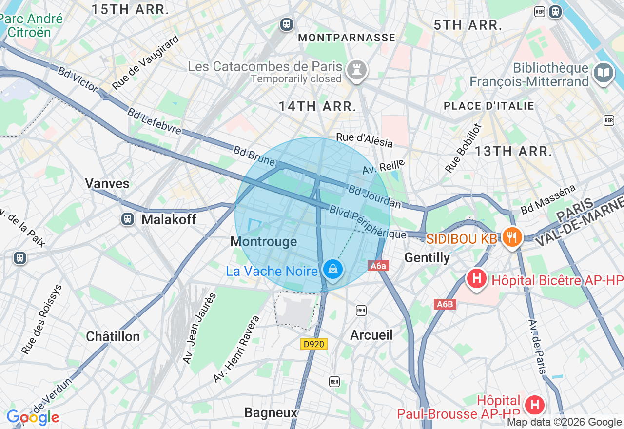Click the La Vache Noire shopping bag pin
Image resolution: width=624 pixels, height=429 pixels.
point(333,269)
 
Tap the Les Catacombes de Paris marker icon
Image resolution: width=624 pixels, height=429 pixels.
point(357,70)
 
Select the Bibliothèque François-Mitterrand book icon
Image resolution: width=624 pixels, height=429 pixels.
point(603,73)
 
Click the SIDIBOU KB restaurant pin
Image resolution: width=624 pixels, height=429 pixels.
point(511,238)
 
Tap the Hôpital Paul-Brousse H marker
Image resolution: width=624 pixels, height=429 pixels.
point(534,404)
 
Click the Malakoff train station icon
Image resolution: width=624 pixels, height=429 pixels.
point(128,219)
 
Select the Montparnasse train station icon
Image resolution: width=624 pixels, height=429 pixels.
point(286,24)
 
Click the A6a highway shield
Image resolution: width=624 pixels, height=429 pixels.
point(378,266)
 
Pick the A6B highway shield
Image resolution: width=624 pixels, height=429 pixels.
point(445,304)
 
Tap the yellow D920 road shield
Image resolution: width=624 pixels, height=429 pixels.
point(313,344)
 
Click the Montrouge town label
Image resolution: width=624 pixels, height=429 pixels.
point(263,242)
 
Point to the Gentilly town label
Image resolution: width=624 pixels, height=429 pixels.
point(427,257)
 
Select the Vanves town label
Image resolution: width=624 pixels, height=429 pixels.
point(107,183)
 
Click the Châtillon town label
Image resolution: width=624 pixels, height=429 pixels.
point(113,336)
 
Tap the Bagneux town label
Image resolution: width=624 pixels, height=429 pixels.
point(271,413)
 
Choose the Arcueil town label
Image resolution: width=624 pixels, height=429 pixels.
point(371,335)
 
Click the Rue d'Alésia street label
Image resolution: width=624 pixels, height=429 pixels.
point(364,140)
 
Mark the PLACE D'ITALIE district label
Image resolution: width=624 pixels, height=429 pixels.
point(488,106)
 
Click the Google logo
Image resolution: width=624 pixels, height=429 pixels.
point(33,418)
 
